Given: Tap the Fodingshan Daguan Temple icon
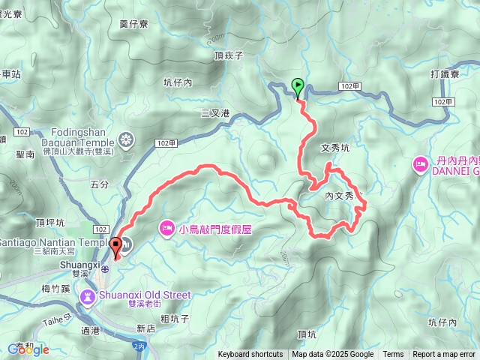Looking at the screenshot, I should coord(125,139).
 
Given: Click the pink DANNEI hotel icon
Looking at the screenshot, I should coord(420,163).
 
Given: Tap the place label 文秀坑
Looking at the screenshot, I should coord(334,148).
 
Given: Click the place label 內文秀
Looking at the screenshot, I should coord(339,195).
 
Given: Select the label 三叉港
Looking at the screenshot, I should coord(214,113).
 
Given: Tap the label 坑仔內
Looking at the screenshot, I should coord(178,82).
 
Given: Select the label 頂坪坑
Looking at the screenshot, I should coord(49,223).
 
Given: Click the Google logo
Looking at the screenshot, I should coord(28,349).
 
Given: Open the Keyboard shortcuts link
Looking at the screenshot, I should coord(250,355).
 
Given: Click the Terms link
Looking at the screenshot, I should coord(393,355).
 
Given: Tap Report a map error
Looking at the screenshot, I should coord(444,355).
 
